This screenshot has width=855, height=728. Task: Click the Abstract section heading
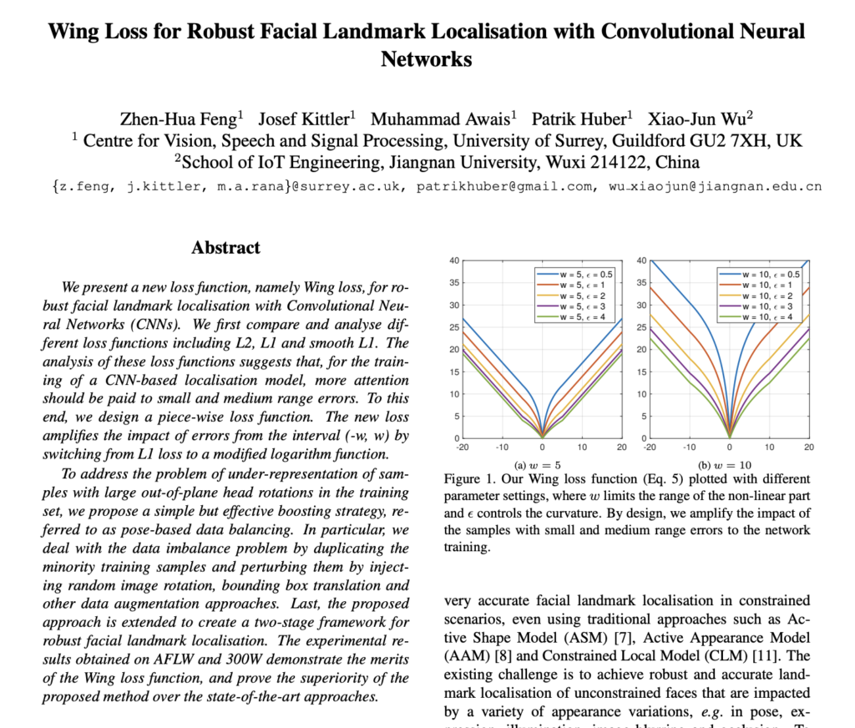(225, 248)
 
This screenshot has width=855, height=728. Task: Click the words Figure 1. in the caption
(471, 479)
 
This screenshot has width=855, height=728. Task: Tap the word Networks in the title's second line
(427, 60)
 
